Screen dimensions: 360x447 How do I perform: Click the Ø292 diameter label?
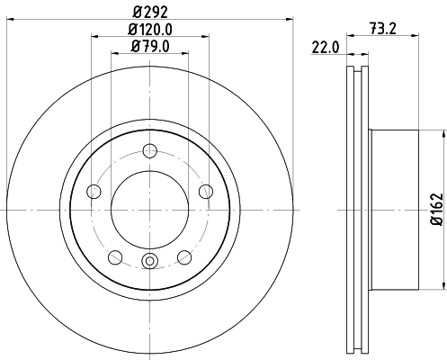pyautogui.click(x=149, y=13)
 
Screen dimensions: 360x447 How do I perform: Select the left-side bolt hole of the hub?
pyautogui.click(x=94, y=190)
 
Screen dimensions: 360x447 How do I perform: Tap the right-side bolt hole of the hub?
pyautogui.click(x=205, y=190)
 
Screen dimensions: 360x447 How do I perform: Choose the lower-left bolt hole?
pyautogui.click(x=115, y=256)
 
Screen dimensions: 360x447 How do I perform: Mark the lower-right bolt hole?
pyautogui.click(x=184, y=256)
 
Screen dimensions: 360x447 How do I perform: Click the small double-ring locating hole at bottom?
pyautogui.click(x=149, y=262)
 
